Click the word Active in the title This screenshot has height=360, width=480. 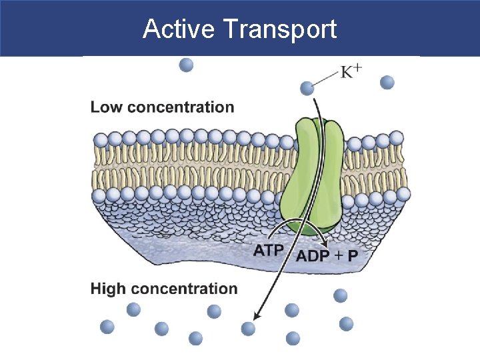click(x=179, y=29)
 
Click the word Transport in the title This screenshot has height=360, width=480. click(x=280, y=29)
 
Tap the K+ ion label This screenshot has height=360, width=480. click(x=351, y=71)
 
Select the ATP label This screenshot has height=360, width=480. click(x=269, y=251)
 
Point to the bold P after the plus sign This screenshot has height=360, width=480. click(x=353, y=255)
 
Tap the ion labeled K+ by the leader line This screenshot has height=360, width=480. click(x=307, y=87)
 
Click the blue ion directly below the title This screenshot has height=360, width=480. click(x=187, y=65)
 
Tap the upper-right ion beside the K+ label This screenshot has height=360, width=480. click(x=387, y=83)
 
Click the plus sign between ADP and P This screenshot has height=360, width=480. click(x=338, y=255)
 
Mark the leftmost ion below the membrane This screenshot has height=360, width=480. click(x=107, y=327)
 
